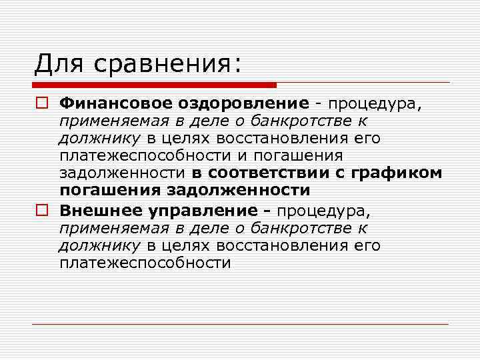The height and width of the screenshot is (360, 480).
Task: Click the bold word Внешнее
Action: [x=99, y=211]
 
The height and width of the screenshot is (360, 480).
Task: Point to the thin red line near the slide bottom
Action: [x=240, y=325]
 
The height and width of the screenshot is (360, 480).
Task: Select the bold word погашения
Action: [x=107, y=190]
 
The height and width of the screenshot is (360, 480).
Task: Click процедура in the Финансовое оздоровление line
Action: [x=374, y=104]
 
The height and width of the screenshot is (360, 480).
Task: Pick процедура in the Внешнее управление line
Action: [x=323, y=212]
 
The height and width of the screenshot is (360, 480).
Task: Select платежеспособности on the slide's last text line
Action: [x=145, y=263]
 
